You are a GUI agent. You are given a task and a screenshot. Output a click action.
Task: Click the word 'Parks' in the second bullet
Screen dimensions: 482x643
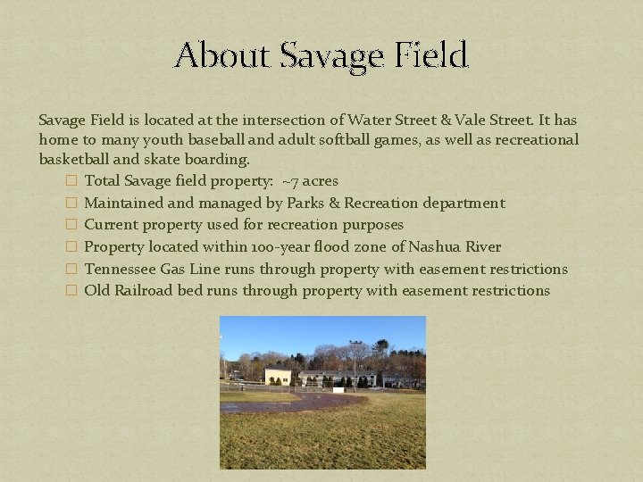click(x=306, y=203)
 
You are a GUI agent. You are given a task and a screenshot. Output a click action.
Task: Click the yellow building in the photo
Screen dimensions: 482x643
click(x=279, y=376)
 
